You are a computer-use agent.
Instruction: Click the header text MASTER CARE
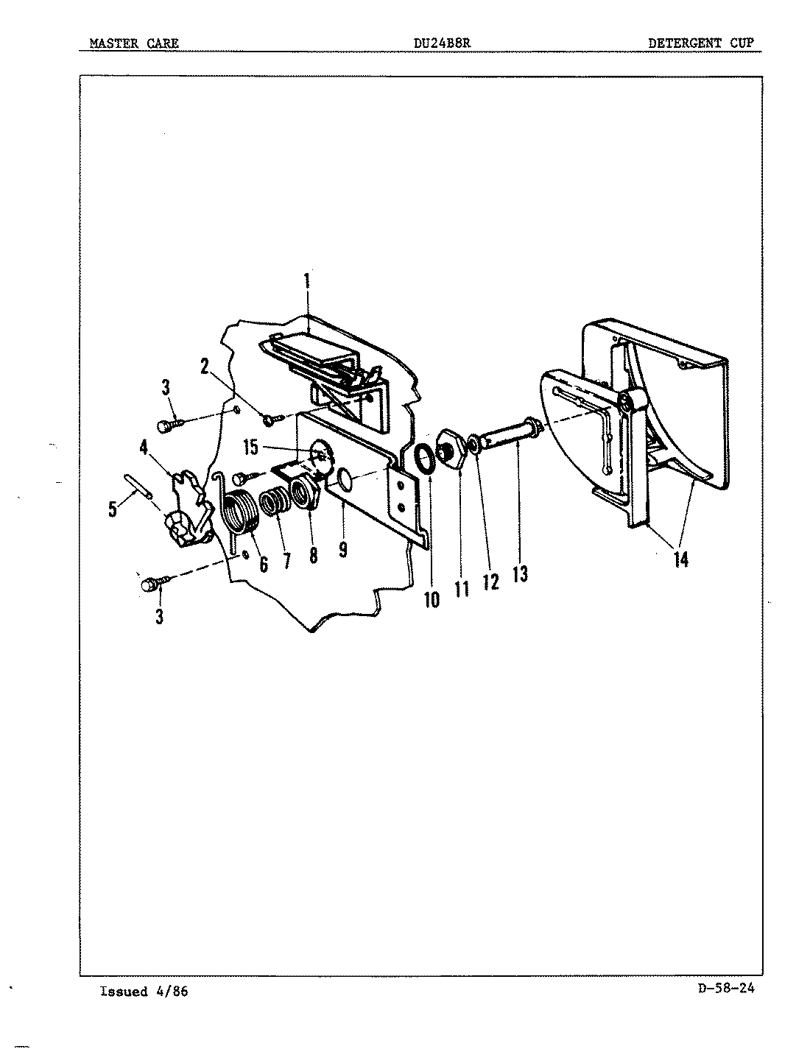[133, 43]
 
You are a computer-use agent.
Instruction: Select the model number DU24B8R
[442, 43]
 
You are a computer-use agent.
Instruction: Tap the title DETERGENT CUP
[700, 43]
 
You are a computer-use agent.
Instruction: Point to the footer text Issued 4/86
[144, 992]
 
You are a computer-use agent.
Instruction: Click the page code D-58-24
[725, 989]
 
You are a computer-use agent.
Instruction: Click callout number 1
[307, 282]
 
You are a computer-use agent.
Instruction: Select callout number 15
[252, 447]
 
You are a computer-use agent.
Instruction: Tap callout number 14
[680, 559]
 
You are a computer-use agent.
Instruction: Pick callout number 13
[520, 573]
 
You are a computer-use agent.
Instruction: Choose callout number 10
[432, 599]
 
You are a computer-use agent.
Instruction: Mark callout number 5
[113, 509]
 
